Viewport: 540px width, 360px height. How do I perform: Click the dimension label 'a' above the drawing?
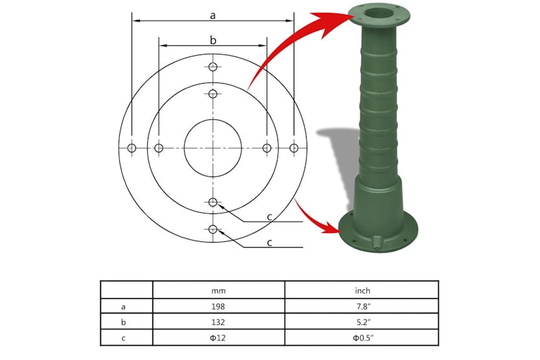(213, 14)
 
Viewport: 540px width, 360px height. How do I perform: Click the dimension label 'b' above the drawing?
(213, 40)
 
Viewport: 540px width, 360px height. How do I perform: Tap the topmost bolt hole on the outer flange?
(213, 67)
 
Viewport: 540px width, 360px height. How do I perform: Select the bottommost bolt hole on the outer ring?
(213, 229)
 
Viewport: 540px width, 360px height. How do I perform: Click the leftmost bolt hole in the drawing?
(132, 148)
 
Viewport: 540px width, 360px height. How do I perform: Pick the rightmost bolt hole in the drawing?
(294, 148)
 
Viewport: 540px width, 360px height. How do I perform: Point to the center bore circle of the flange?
(213, 148)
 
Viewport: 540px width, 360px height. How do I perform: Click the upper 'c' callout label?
(269, 217)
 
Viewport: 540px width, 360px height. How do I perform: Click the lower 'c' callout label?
(269, 243)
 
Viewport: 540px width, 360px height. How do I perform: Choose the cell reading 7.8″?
(362, 306)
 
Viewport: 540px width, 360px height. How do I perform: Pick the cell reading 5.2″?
(362, 322)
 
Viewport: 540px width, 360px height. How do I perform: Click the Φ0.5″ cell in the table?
(362, 338)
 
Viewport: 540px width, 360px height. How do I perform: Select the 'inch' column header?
(362, 290)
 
